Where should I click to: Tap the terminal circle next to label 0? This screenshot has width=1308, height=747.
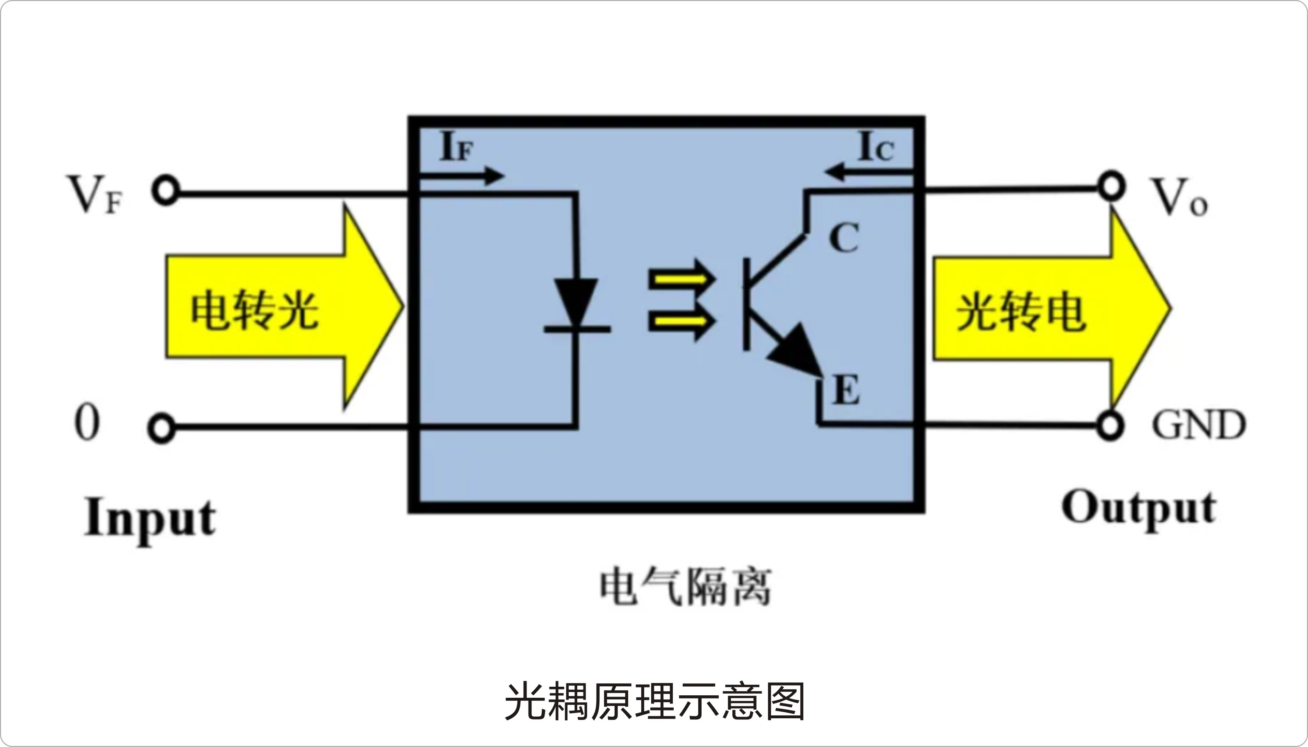pos(162,427)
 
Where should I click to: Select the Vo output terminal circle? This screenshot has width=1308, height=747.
pos(1111,188)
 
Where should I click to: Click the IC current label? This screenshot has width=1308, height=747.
pos(876,148)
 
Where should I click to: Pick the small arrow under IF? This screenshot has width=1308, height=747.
pos(461,176)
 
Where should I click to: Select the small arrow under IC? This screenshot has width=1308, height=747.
pos(869,172)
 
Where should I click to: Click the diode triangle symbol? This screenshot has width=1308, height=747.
pos(577,303)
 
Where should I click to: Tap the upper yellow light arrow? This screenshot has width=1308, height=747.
pos(682,280)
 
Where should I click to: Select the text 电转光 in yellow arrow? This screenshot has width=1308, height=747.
pos(255,311)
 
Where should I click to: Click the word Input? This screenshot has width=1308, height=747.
pos(150,518)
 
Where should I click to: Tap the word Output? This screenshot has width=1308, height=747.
pos(1138,509)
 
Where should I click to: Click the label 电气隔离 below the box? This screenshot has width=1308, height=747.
pos(686,587)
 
